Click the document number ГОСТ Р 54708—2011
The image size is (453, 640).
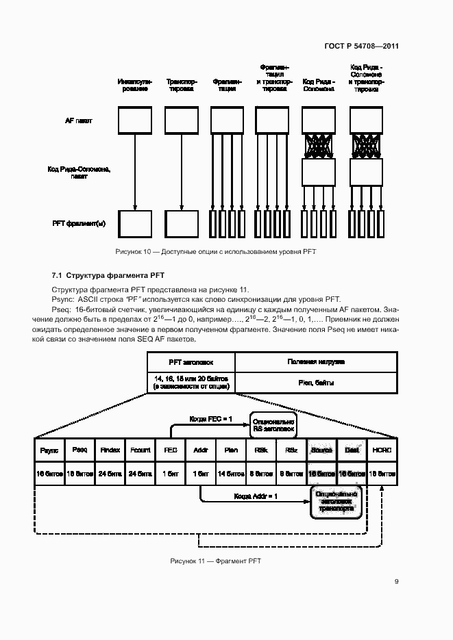click(361, 46)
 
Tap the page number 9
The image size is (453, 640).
click(396, 582)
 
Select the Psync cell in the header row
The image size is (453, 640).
click(49, 450)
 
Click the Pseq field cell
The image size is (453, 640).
click(79, 450)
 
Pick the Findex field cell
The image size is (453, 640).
click(110, 450)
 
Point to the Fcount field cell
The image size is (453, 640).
click(140, 450)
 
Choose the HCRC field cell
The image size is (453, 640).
click(381, 450)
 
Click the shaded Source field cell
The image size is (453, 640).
click(321, 450)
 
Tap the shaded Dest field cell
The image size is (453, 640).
click(352, 450)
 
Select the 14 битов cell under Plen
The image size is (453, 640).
click(231, 474)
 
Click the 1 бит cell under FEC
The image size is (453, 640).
click(170, 474)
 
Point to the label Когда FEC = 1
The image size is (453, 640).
click(211, 418)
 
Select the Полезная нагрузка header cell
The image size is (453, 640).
click(315, 361)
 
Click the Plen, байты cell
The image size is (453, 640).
click(315, 383)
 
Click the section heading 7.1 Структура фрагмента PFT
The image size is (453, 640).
click(108, 275)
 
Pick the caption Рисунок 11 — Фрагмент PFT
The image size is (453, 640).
click(216, 561)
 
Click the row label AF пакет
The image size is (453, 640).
click(78, 120)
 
